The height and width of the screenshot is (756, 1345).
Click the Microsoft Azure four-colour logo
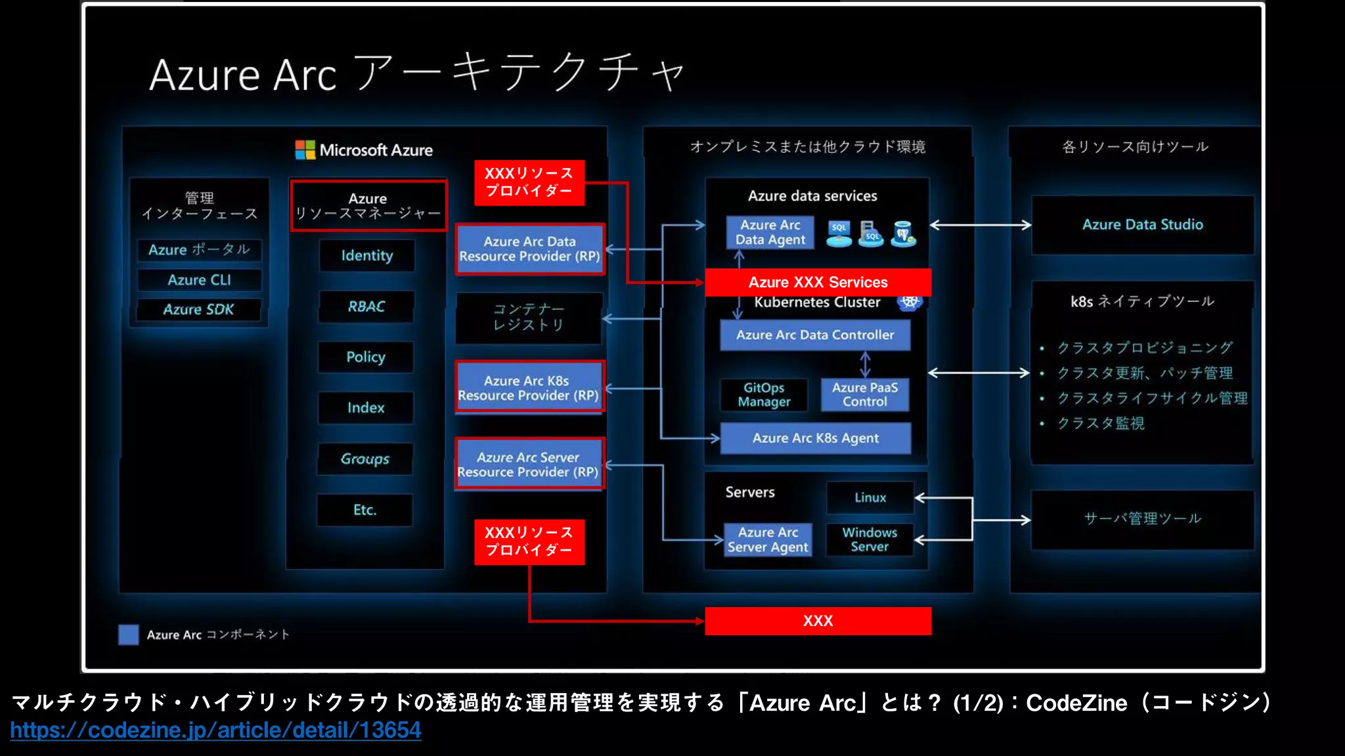point(305,150)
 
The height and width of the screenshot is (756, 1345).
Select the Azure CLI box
point(199,280)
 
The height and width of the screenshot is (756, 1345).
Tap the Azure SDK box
point(198,310)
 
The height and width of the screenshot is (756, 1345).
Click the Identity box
point(366,255)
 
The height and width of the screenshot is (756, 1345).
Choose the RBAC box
point(366,306)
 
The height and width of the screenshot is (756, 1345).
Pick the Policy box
point(366,357)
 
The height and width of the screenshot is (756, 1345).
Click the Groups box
point(365,459)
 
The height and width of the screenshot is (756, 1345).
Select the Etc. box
point(364,510)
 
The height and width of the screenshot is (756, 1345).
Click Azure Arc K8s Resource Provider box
point(529,388)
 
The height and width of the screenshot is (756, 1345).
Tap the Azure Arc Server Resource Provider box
point(529,465)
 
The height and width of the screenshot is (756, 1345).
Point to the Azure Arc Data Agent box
point(770,232)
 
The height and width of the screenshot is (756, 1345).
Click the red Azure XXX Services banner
point(818,282)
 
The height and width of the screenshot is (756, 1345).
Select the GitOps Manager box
point(764,395)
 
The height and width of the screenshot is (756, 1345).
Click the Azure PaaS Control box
point(864,395)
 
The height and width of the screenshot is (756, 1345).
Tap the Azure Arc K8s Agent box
point(815,438)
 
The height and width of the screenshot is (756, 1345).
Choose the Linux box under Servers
point(870,497)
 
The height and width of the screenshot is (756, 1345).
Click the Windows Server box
point(870,539)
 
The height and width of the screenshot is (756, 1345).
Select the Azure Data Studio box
point(1142,225)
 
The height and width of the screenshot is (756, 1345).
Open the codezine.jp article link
point(215,730)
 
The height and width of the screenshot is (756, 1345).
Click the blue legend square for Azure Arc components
point(129,635)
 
